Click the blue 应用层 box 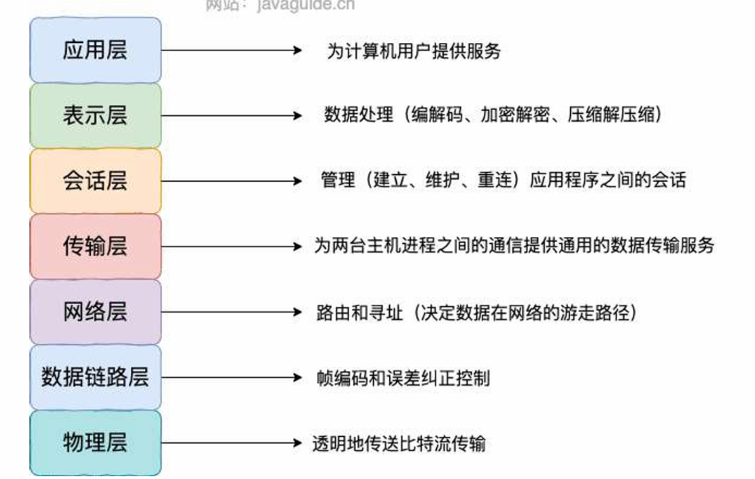95,50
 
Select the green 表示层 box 95,115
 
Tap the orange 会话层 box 95,181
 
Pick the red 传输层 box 95,246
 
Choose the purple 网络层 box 95,312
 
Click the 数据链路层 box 95,377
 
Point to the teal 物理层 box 95,442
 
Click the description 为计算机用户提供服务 414,51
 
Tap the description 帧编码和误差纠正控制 403,378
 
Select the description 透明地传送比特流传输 399,444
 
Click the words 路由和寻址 359,313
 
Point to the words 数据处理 359,114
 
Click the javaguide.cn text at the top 305,5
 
